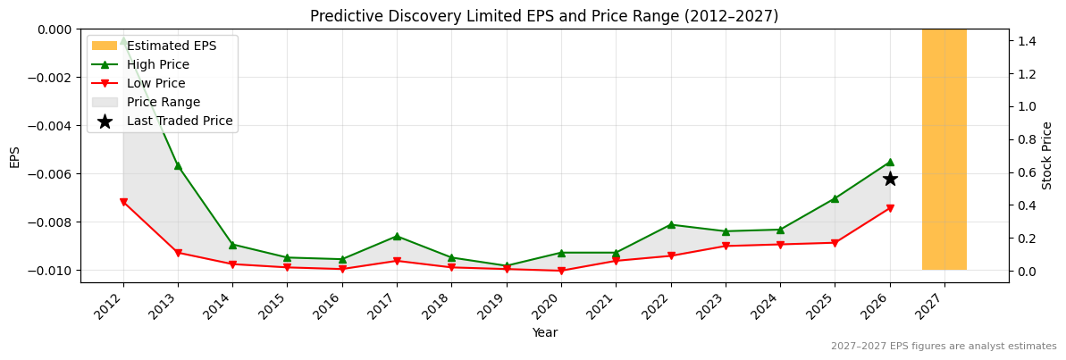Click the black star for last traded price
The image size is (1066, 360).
(890, 179)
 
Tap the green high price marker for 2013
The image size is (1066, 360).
(178, 165)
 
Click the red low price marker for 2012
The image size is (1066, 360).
(123, 202)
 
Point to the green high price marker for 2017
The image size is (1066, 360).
(397, 236)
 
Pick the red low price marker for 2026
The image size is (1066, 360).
(890, 208)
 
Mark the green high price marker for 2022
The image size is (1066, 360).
(671, 224)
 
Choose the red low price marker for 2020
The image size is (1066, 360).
(561, 271)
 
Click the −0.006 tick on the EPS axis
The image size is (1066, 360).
(51, 174)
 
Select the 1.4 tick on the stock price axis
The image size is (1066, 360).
(1026, 41)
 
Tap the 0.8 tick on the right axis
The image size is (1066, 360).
(1026, 139)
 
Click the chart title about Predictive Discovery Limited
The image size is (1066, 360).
(544, 16)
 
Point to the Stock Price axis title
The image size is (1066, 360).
(1047, 155)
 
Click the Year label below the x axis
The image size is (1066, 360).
(544, 332)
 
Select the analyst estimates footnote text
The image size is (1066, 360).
(944, 347)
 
